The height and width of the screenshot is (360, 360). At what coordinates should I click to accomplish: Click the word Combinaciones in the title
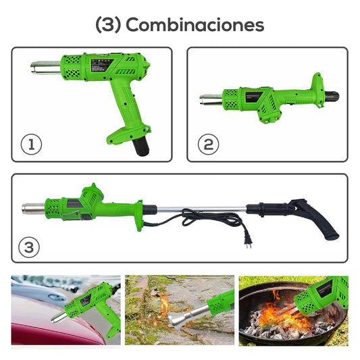(x=195, y=25)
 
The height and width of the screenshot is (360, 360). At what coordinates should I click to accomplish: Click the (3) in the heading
(x=108, y=25)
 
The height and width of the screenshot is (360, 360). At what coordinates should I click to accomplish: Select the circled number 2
(x=208, y=144)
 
